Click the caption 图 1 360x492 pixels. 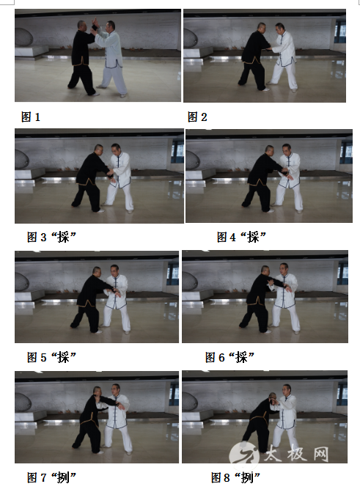(31, 117)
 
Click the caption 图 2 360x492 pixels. (197, 117)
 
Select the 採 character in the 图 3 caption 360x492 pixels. (63, 237)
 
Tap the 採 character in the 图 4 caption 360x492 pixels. (253, 237)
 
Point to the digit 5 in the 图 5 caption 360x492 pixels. (44, 357)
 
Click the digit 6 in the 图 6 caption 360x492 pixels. (221, 357)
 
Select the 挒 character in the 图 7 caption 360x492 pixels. (63, 477)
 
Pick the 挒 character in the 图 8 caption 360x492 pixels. (246, 477)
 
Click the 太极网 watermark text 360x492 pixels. (295, 453)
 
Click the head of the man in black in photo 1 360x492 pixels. (81, 26)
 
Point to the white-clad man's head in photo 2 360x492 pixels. (279, 28)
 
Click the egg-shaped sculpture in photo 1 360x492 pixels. (23, 37)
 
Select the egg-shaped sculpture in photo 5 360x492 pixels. (22, 282)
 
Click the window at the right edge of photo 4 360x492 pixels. (346, 153)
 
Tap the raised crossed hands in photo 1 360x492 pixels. (95, 24)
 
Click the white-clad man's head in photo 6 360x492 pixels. (284, 268)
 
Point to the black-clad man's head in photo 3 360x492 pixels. (99, 150)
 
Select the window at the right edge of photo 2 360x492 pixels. (340, 32)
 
